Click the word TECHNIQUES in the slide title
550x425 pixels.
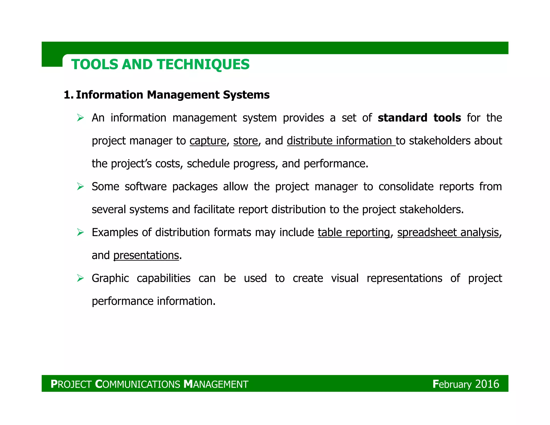coord(203,64)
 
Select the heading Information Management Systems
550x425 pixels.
coord(173,95)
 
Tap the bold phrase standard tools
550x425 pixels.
coord(419,118)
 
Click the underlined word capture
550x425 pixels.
coord(208,141)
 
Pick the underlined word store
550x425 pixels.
coord(245,141)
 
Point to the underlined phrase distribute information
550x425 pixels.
coord(341,141)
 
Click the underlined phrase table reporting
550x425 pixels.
coord(353,232)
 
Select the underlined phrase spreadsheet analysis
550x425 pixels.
coord(448,232)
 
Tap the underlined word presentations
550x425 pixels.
coord(146,255)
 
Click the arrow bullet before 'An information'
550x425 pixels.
coord(80,118)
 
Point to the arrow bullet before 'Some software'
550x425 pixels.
coord(80,186)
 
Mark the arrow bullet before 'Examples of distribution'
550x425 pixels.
coord(80,232)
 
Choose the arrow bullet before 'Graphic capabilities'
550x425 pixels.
coord(80,278)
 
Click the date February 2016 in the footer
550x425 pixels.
coord(466,384)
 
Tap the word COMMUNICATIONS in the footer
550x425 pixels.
coord(138,384)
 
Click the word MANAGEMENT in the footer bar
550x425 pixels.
coord(216,384)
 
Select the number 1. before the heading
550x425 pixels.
coord(68,95)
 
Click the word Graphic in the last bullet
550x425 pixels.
coord(110,278)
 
